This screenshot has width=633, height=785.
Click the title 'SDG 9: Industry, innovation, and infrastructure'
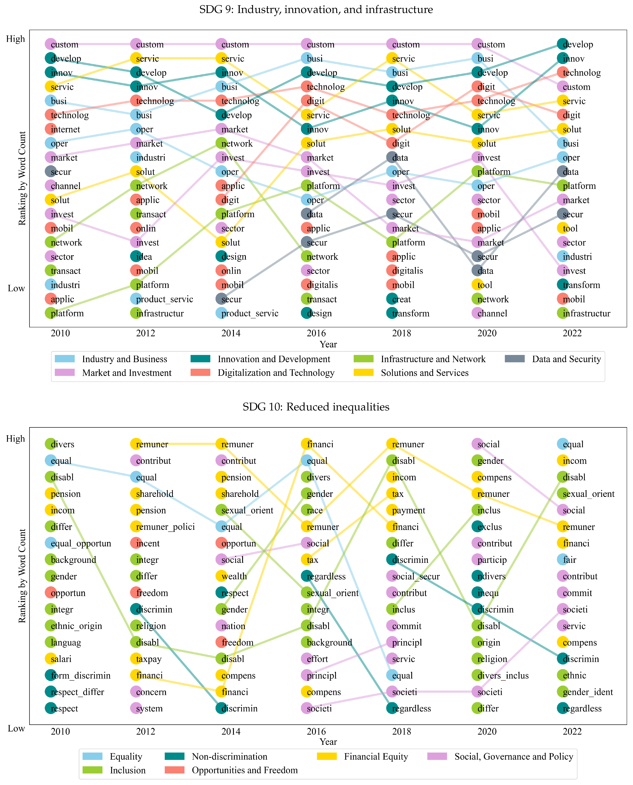coord(316,9)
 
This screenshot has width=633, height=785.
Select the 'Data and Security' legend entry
coord(566,359)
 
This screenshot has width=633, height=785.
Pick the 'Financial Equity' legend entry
coord(375,757)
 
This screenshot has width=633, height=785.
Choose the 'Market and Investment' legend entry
coord(127,373)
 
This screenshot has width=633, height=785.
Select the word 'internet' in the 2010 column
coord(66,129)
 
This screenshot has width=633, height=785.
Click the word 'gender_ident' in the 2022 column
coord(587,692)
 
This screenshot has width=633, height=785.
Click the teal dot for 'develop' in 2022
coord(563,44)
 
